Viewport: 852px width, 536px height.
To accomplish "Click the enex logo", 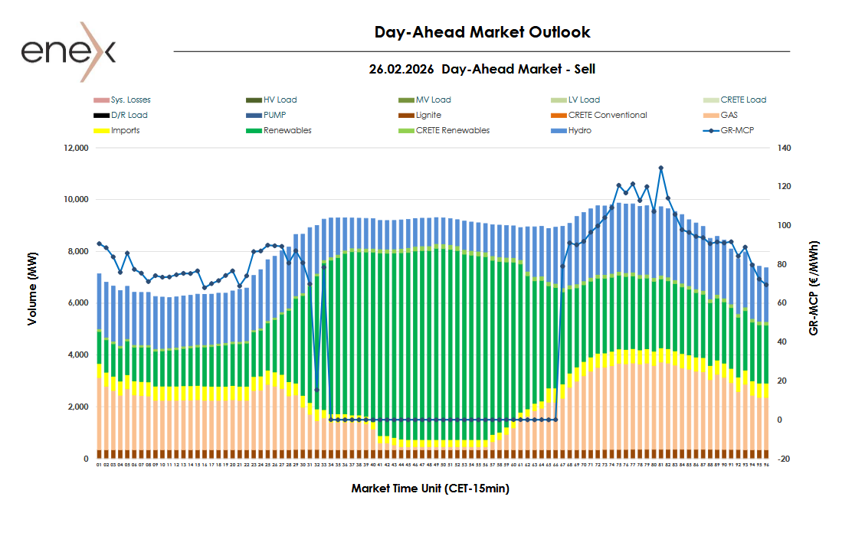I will [x=67, y=51].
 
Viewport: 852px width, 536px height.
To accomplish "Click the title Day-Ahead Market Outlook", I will [x=482, y=32].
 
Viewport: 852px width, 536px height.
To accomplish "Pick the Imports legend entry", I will [x=125, y=130].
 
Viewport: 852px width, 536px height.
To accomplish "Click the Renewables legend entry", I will [x=287, y=130].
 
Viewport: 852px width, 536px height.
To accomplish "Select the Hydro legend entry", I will [x=580, y=130].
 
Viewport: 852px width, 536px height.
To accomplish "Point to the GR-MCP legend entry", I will [x=737, y=130].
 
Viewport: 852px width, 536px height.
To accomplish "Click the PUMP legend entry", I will [x=275, y=115].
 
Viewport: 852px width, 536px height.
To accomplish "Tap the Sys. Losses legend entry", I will [x=130, y=100].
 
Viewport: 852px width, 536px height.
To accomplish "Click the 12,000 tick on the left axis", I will [x=74, y=148].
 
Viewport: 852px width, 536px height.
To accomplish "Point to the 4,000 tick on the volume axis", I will [x=77, y=355].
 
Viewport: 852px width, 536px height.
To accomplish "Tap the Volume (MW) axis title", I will [x=31, y=302].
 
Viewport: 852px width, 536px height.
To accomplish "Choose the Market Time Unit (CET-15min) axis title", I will [x=430, y=488].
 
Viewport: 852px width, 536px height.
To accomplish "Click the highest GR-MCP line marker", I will [x=660, y=168].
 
